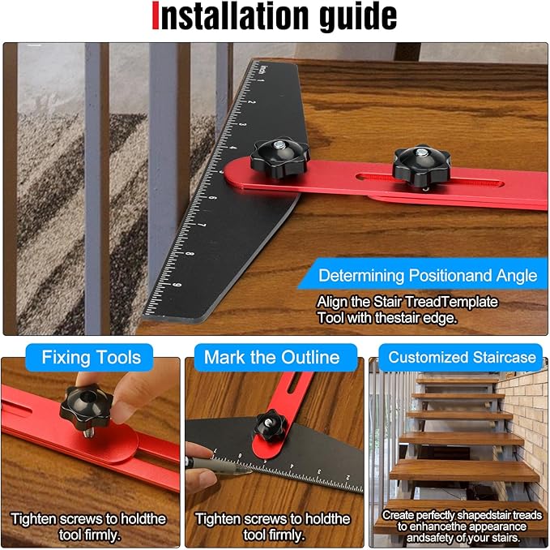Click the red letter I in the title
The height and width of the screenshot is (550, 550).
pyautogui.click(x=156, y=16)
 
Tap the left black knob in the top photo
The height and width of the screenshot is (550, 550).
pyautogui.click(x=280, y=158)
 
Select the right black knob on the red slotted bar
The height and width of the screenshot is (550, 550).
pyautogui.click(x=421, y=167)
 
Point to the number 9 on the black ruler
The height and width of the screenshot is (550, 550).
pyautogui.click(x=178, y=285)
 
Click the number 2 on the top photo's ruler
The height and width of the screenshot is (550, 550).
pyautogui.click(x=251, y=102)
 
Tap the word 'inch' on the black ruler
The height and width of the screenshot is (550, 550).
pyautogui.click(x=262, y=70)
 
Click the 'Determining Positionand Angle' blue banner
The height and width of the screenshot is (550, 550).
pyautogui.click(x=423, y=274)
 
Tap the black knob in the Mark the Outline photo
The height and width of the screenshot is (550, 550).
pyautogui.click(x=270, y=426)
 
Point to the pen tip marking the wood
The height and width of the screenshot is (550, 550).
pyautogui.click(x=250, y=472)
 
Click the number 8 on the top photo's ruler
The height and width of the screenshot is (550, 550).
pyautogui.click(x=190, y=253)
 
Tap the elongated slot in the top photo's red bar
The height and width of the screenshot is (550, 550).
pyautogui.click(x=429, y=180)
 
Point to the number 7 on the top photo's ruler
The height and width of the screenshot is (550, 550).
pyautogui.click(x=203, y=224)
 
